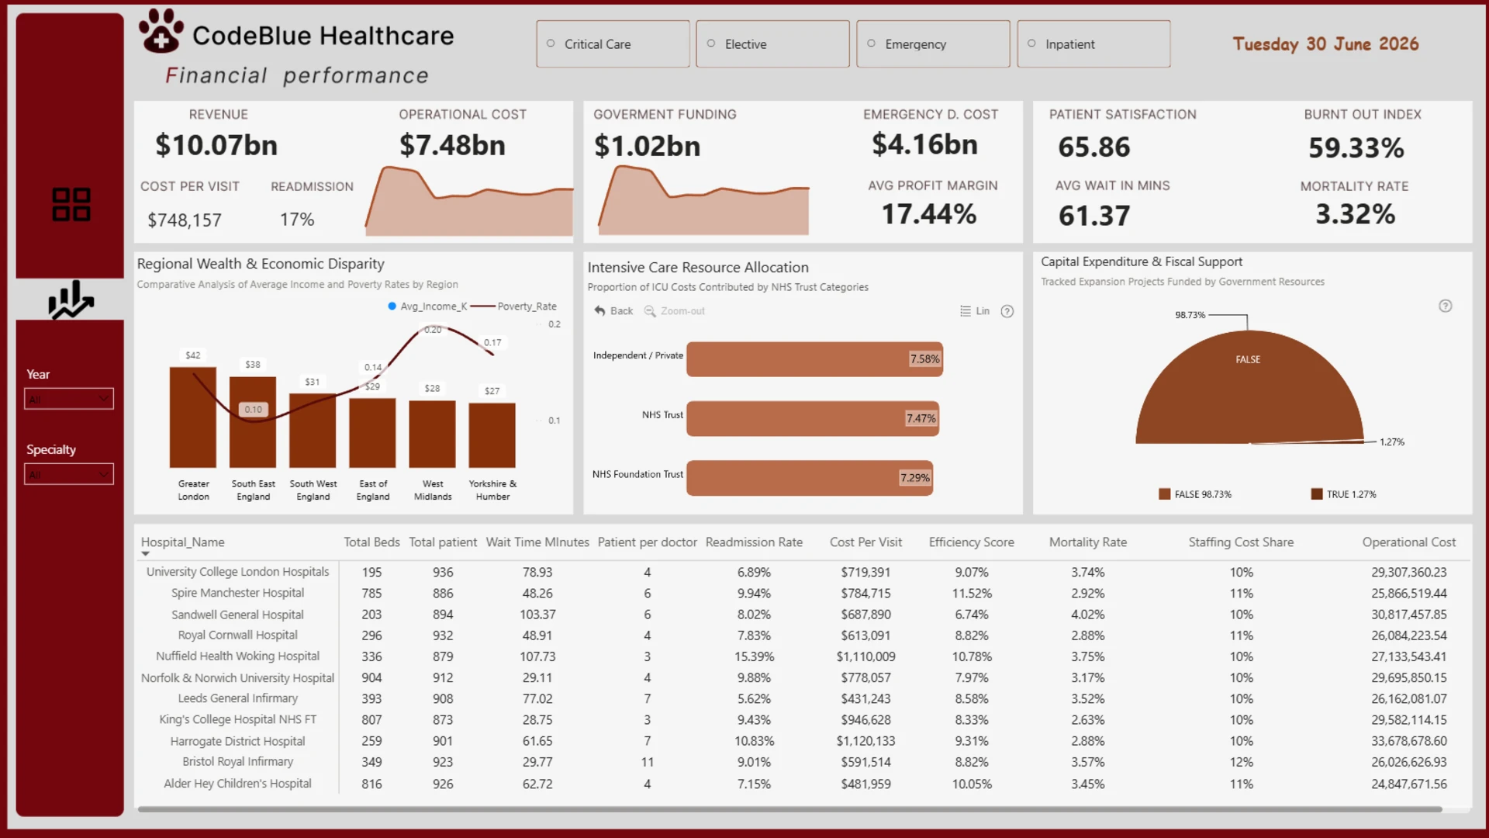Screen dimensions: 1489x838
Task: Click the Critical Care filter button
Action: [613, 44]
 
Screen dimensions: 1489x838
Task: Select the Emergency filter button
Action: [933, 44]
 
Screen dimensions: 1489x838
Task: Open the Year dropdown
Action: [69, 399]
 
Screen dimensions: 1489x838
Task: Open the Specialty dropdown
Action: [69, 474]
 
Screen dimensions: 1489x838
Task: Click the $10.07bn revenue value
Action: [216, 145]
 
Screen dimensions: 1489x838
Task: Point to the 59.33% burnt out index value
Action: [1356, 147]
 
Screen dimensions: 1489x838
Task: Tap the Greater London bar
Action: [193, 417]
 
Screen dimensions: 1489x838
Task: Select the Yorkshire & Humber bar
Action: [492, 435]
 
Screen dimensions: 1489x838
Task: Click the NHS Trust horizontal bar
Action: [813, 418]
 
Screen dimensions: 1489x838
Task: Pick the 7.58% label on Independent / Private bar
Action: [924, 359]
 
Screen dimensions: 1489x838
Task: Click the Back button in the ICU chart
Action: [613, 311]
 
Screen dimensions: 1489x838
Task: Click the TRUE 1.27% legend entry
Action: [1344, 494]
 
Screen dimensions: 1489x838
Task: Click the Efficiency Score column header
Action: [972, 542]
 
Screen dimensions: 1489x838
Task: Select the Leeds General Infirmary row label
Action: [238, 698]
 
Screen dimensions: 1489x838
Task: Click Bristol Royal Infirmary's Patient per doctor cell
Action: [648, 762]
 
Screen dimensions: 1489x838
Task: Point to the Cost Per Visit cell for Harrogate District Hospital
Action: [865, 741]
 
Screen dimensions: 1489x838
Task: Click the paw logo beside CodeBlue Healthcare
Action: [161, 30]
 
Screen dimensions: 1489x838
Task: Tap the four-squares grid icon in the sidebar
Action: [71, 204]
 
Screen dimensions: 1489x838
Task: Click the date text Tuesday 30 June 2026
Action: [1326, 44]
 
